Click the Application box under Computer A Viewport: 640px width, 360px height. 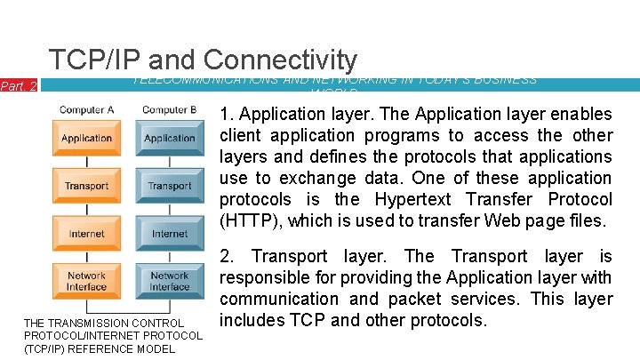(x=86, y=138)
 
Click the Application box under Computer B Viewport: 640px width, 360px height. (x=169, y=138)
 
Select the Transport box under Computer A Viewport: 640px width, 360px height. (x=86, y=186)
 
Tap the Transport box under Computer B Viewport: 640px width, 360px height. (x=169, y=186)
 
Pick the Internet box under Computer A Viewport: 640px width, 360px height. (x=86, y=234)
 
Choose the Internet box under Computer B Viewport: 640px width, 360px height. (x=169, y=234)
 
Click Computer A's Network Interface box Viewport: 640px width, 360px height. (x=86, y=281)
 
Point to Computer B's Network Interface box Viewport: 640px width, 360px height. (x=169, y=281)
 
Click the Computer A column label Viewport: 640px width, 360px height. (x=86, y=110)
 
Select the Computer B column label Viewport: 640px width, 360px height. (x=169, y=110)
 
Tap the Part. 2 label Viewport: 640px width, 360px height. (x=18, y=86)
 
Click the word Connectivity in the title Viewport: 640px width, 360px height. (x=280, y=60)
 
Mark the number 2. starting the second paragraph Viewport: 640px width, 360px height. (x=228, y=256)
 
